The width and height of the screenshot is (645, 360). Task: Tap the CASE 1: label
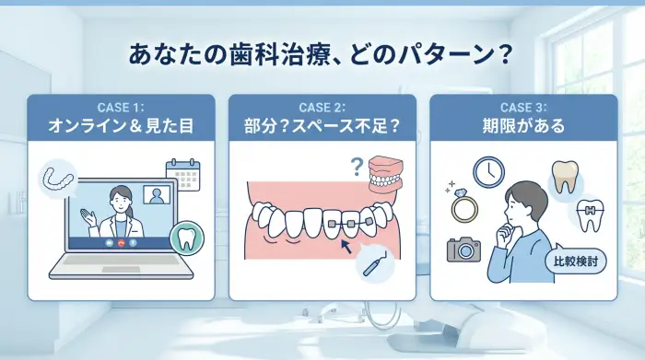point(121,107)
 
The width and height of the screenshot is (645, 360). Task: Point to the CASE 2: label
point(322,107)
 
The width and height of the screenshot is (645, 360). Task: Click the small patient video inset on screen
point(157,196)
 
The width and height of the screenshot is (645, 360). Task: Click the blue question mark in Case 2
point(355,168)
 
